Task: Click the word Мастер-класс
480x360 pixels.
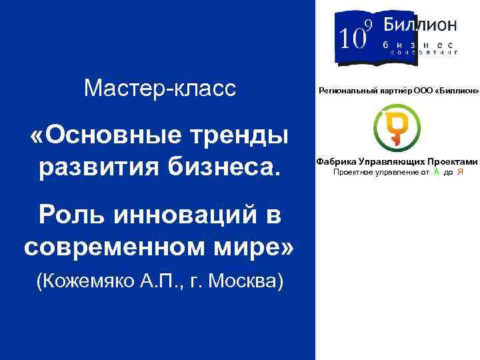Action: tap(160, 87)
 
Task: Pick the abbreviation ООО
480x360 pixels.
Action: tap(423, 89)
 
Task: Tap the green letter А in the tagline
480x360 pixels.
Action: tap(436, 172)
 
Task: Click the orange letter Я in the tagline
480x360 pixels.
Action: tap(461, 172)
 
